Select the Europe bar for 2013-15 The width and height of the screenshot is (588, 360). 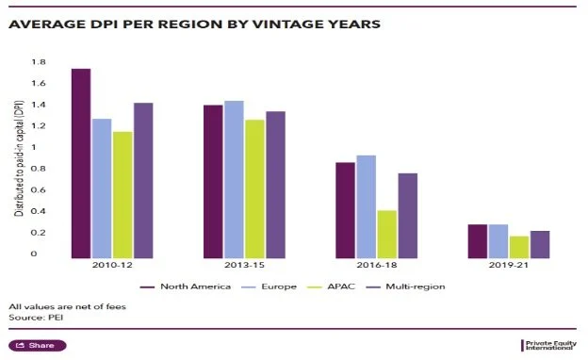234,179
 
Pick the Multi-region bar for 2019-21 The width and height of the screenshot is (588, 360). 540,244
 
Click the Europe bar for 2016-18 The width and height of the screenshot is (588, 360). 367,206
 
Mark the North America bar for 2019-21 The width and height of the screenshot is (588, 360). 478,240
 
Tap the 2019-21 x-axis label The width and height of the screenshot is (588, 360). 509,267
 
